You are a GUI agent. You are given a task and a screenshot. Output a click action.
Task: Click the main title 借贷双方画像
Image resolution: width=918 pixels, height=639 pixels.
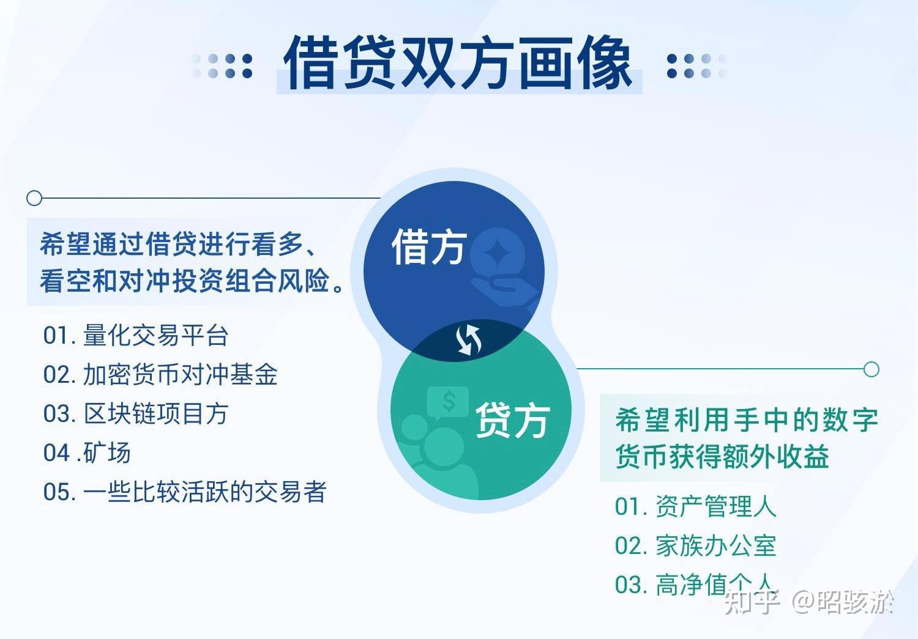[458, 62]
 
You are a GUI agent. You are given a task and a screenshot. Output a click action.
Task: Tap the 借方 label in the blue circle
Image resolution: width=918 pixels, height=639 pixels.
[429, 247]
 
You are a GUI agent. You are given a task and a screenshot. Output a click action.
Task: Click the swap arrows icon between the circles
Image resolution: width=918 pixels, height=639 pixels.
[469, 340]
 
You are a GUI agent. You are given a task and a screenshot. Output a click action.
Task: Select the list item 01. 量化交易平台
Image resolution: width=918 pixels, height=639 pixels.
[135, 335]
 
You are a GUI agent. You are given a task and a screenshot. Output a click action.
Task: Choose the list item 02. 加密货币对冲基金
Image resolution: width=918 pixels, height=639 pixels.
[160, 374]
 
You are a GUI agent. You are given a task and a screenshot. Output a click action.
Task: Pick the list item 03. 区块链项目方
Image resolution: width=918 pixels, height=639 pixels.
[135, 414]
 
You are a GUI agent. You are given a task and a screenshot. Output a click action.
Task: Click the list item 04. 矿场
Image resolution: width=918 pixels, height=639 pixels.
[86, 453]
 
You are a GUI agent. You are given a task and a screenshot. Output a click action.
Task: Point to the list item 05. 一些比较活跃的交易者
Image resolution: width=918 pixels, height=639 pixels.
[184, 492]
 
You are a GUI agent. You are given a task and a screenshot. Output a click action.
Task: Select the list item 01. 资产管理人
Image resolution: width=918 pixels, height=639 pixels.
[695, 506]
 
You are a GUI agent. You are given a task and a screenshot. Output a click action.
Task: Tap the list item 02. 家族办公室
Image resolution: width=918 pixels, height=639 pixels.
[695, 545]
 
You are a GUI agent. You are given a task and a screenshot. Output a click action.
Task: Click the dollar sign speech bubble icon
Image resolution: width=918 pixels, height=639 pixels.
[448, 402]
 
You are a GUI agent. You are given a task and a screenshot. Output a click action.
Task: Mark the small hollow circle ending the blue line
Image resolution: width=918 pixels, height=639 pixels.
[34, 198]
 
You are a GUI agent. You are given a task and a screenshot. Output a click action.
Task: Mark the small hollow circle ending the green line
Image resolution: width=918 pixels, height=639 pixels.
[871, 369]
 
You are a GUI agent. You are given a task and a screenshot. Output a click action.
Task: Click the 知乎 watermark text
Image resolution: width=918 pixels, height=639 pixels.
[752, 602]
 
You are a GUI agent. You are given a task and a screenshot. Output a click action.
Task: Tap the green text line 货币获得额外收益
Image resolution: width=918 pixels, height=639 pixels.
[722, 457]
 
